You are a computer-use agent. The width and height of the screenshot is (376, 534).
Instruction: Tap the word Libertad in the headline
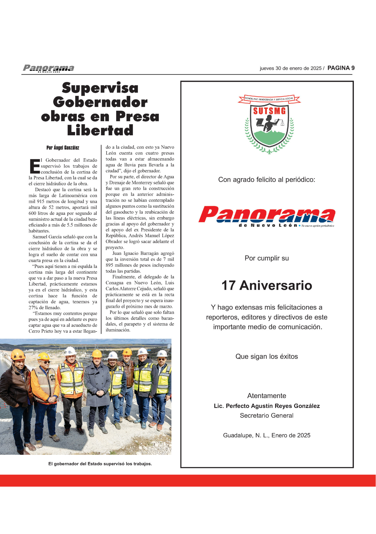coord(100,130)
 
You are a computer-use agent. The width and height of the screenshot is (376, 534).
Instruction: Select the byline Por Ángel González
coord(63,148)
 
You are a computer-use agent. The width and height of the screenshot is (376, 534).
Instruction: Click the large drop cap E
coord(34,166)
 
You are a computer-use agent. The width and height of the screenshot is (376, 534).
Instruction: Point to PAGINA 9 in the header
coord(341,68)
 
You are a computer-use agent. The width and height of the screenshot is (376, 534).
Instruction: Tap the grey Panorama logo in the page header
coord(48,68)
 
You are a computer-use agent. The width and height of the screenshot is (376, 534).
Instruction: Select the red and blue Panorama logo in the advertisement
coord(266,217)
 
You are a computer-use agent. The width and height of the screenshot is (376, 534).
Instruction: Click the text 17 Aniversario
coord(266,285)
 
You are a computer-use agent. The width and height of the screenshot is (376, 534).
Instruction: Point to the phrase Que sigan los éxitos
coord(266,357)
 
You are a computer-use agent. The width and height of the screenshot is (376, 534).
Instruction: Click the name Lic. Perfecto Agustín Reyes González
coord(266,406)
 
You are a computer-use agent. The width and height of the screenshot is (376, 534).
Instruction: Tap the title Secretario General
coord(266,416)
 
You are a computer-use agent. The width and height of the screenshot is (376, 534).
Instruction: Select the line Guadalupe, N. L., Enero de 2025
coord(266,436)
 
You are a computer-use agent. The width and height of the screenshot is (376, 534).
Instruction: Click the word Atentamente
coord(266,396)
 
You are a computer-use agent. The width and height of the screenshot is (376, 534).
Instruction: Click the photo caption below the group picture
coord(100,464)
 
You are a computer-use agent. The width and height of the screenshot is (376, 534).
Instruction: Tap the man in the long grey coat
coord(97,390)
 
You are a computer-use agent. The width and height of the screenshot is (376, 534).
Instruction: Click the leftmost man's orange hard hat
coord(18,354)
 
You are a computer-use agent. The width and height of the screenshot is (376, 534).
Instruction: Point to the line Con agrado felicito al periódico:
coord(266,180)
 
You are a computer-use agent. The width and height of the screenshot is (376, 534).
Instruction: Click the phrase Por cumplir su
coord(266,258)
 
